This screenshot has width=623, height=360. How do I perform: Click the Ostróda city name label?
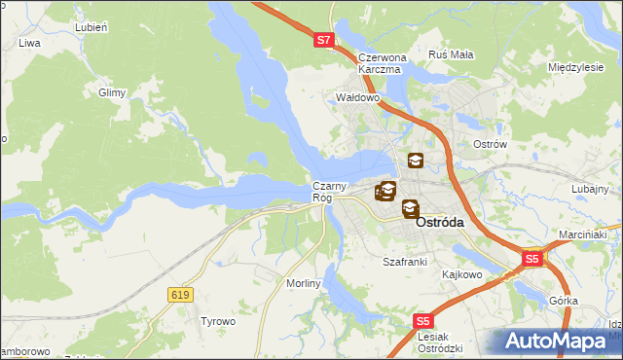(440, 222)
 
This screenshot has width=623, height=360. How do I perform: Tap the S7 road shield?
(324, 41)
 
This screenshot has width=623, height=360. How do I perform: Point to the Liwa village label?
(28, 44)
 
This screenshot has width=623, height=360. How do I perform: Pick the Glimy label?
(113, 93)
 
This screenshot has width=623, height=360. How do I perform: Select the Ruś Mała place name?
(451, 55)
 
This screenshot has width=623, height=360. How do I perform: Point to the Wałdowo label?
(356, 98)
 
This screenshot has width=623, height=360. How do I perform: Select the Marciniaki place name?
(583, 234)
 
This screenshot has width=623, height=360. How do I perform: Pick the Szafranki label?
(405, 263)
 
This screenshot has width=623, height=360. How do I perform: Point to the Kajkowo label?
(462, 274)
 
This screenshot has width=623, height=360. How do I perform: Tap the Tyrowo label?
(218, 320)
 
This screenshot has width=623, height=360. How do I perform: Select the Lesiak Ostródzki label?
(439, 342)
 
